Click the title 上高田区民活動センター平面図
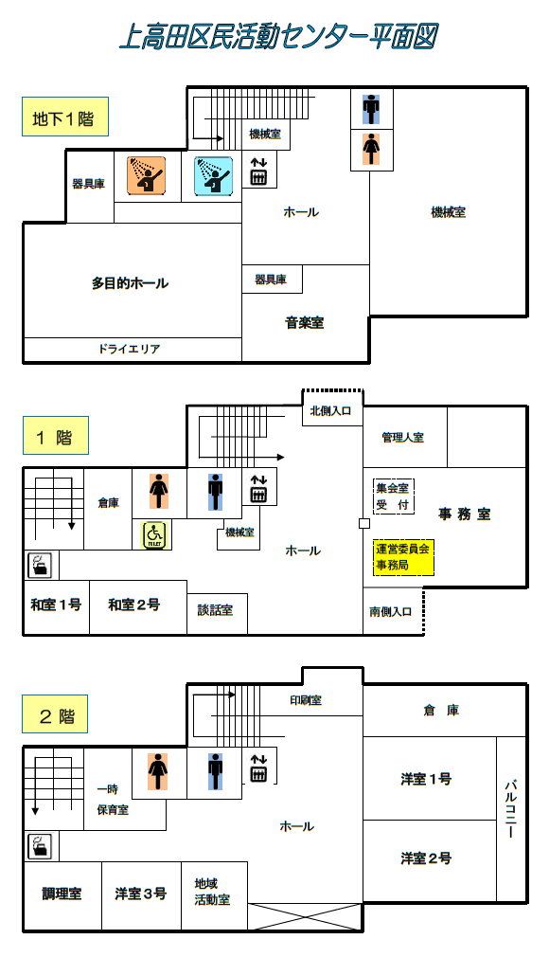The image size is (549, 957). point(278,36)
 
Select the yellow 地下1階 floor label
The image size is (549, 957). point(65,117)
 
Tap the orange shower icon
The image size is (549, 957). point(147,176)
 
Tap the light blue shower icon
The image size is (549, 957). point(214,176)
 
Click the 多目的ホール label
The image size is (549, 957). point(130,283)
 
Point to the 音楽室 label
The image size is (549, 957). point(305,322)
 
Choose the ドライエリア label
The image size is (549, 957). point(130,349)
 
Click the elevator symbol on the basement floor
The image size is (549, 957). point(258,172)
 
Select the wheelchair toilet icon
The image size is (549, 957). point(153,535)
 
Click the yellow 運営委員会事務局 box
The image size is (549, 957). point(403,556)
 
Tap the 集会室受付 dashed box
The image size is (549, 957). point(394,497)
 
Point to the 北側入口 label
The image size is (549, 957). point(330,411)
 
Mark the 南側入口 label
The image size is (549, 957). point(390,611)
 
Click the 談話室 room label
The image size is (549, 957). point(215,609)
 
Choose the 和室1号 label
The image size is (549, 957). point(56,605)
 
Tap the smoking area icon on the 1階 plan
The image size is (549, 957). point(42,565)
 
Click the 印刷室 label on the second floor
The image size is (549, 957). point(306,700)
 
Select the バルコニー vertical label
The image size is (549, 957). point(511,808)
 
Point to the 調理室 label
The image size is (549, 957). point(62,894)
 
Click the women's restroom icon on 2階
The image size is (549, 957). point(158,771)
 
